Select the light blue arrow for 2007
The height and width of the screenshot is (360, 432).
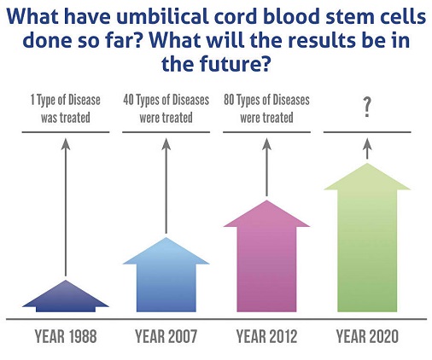point(166,279)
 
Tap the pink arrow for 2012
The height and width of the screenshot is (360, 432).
point(266,258)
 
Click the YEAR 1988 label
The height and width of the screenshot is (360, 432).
point(66,336)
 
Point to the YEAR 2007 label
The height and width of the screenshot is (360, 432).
point(166,336)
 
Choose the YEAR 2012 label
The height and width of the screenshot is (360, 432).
point(266,336)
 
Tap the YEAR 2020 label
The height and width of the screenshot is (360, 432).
point(367,336)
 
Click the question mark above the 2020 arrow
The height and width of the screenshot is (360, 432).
point(367,107)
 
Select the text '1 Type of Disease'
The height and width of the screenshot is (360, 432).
point(66,100)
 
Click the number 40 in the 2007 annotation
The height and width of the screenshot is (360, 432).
point(128,100)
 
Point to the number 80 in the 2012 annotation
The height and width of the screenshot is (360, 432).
point(229,100)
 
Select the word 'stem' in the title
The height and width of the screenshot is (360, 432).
point(349,17)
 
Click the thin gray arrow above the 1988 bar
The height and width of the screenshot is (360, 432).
point(66,207)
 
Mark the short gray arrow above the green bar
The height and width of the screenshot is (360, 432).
point(367,148)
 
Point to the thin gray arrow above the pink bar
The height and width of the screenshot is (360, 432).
point(266,167)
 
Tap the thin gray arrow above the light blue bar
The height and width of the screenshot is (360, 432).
point(166,186)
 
